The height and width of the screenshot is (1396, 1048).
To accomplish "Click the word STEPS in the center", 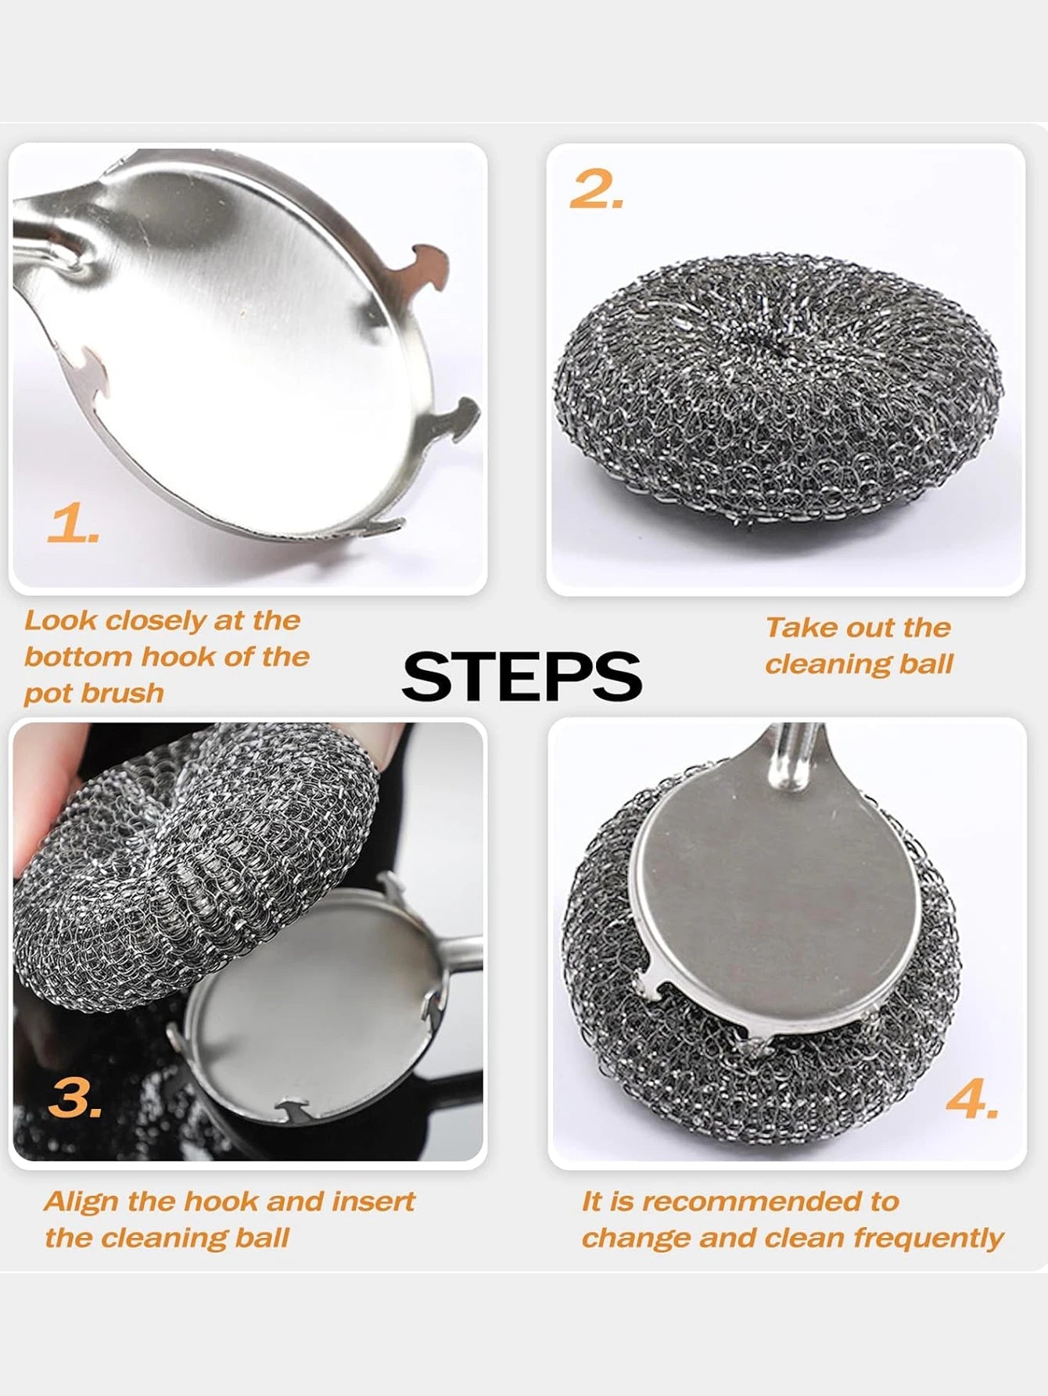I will [522, 676].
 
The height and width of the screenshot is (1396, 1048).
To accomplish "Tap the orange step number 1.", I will [72, 524].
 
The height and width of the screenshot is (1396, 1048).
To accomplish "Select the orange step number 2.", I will [596, 189].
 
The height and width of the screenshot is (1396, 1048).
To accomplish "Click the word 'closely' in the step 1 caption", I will [156, 621].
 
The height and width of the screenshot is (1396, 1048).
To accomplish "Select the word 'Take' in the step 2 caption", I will [791, 628].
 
